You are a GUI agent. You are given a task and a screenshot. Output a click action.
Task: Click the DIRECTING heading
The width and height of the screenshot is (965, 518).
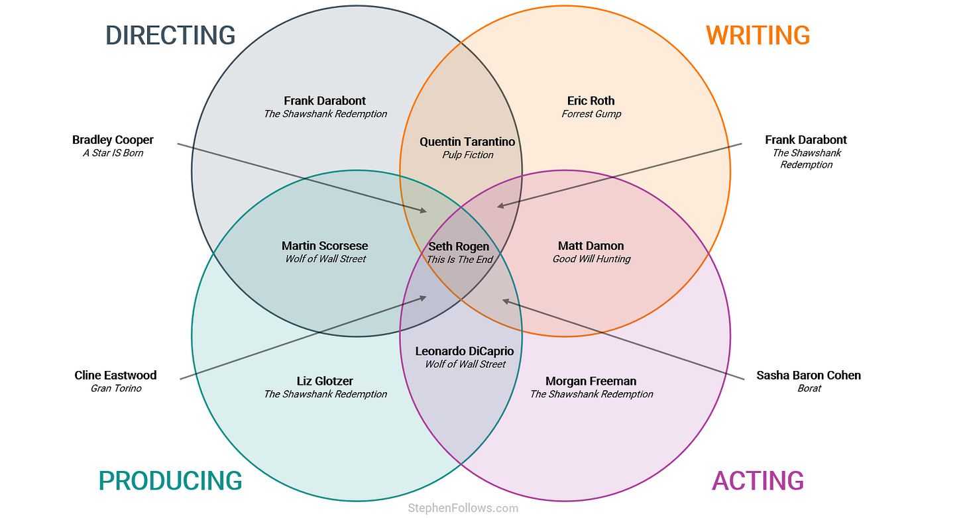point(170,35)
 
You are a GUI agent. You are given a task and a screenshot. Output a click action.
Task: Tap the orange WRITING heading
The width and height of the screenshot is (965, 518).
point(758,35)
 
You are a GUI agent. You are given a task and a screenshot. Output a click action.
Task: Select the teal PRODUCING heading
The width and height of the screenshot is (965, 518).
point(170,481)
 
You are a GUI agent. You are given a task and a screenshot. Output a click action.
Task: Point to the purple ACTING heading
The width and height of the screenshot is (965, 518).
point(758,481)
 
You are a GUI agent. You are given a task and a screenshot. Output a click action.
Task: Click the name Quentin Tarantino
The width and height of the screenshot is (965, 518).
point(467,142)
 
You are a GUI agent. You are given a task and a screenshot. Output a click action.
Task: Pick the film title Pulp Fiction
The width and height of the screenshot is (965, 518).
point(468,155)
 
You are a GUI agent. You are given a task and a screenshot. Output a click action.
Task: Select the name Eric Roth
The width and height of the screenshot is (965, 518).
point(591,101)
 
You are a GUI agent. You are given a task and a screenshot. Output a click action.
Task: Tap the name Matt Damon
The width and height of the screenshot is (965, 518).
point(591,246)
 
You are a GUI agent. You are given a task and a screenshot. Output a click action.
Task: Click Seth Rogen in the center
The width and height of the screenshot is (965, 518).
point(459,246)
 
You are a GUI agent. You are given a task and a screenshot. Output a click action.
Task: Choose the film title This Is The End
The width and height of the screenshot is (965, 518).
point(459,260)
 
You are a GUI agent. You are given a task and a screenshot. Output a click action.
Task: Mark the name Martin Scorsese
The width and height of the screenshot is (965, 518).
point(325,246)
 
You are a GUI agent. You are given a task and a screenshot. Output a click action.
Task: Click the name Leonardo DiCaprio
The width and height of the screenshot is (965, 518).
point(465,351)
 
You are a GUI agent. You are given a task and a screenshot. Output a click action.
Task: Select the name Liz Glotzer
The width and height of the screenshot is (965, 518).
point(325,381)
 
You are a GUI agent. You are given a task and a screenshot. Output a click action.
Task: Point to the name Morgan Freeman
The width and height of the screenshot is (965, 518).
point(591,381)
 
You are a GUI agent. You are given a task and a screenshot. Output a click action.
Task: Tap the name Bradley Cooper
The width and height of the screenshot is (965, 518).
point(113,140)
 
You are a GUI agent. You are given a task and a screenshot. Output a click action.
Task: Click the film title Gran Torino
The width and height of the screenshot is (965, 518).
point(116,388)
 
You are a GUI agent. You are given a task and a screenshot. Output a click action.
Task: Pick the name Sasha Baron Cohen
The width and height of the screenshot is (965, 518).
point(809,375)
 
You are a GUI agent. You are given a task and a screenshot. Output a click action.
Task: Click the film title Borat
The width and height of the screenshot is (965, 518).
point(809,388)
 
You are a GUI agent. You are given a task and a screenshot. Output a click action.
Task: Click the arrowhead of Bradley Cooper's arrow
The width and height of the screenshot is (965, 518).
point(424,211)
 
